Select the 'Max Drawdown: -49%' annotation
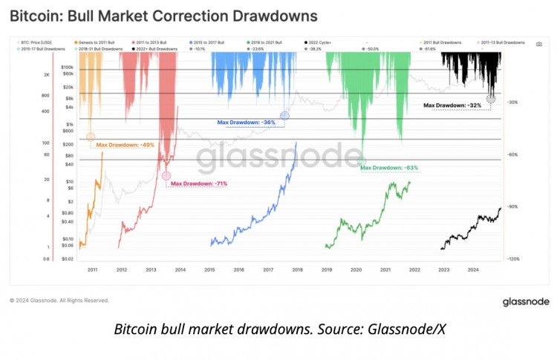[126, 145]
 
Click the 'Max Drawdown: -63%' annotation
[389, 168]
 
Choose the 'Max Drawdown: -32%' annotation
[453, 105]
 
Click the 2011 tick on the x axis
[93, 270]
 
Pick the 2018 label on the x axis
[298, 270]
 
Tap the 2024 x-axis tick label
[473, 270]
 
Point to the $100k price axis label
[66, 67]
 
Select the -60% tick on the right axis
[512, 154]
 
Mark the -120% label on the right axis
[512, 259]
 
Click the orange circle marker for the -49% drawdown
[91, 137]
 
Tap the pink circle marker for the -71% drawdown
[165, 176]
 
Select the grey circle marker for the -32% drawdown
[491, 99]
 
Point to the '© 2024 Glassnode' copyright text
[59, 301]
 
